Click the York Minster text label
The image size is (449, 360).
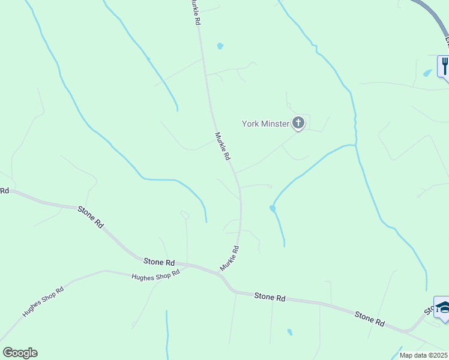pos(266,124)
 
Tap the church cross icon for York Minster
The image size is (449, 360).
pos(298,124)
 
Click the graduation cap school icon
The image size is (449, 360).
pos(443,308)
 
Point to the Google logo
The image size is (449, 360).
pos(20,352)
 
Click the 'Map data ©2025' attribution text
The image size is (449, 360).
pos(423,355)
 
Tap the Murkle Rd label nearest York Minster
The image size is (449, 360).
pos(223,146)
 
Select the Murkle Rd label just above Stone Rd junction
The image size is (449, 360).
pos(230,258)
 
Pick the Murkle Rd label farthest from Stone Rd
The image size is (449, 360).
pos(194,12)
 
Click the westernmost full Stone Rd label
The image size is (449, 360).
pos(90,216)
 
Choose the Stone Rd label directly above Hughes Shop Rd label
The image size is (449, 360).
pos(159,262)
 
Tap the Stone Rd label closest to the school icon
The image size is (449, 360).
pos(369,318)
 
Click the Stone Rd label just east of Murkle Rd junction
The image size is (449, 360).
pos(269,296)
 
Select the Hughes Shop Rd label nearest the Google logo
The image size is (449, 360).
pos(43,301)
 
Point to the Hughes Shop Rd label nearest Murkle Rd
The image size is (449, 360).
pos(156,275)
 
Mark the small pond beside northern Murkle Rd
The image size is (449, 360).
pos(220,46)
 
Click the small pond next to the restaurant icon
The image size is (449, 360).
pos(427,73)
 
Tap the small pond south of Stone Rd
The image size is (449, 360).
pos(290,332)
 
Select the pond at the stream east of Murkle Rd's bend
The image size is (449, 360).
pos(273,208)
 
